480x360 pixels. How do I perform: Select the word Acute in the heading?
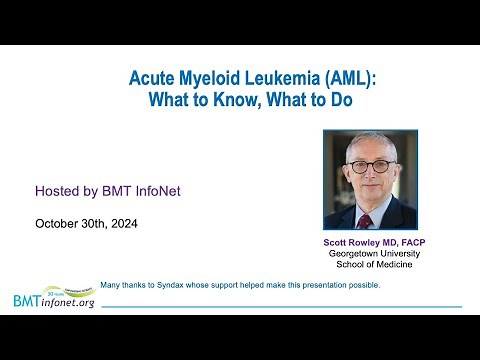153,77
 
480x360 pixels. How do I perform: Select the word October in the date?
57,223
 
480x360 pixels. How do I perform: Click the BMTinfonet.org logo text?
54,300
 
